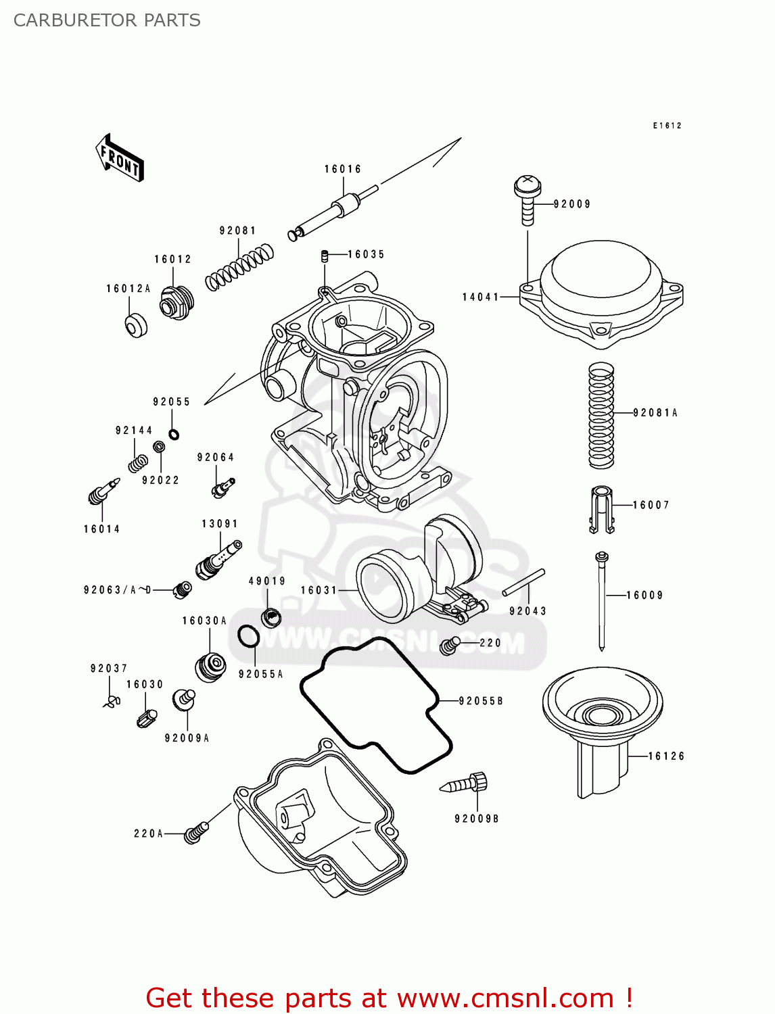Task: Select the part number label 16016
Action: (343, 169)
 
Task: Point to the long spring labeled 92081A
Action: (601, 415)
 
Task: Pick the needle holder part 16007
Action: (601, 510)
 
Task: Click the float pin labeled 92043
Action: (523, 583)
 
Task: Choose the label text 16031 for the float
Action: (319, 590)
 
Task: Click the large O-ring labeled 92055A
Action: (248, 636)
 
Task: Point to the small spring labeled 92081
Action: (239, 267)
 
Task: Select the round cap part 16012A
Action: (136, 325)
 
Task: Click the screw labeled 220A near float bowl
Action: (195, 832)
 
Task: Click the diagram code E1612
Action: (667, 126)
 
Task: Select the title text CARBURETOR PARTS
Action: (107, 20)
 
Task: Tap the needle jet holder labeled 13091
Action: (218, 558)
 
